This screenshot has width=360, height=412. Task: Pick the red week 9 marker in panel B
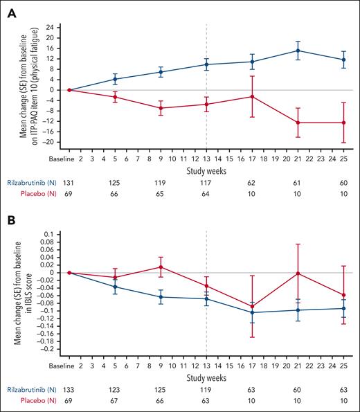click(161, 267)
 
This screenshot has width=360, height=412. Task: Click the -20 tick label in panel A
click(47, 143)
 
